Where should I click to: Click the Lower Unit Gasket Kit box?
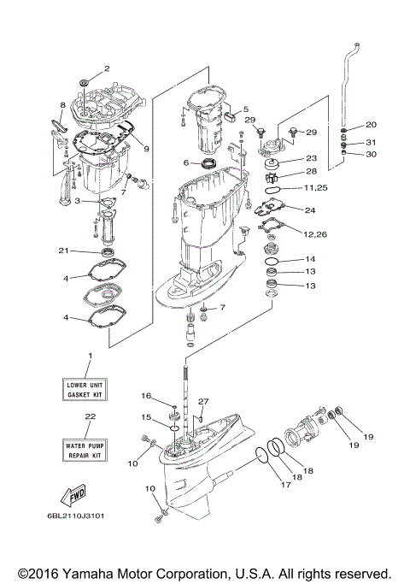pyautogui.click(x=88, y=391)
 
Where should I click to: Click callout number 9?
pyautogui.click(x=147, y=148)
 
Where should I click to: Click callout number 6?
pyautogui.click(x=185, y=162)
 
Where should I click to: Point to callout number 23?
pyautogui.click(x=311, y=158)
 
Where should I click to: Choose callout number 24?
pyautogui.click(x=309, y=210)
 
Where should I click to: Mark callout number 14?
pyautogui.click(x=310, y=259)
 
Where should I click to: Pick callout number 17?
pyautogui.click(x=285, y=486)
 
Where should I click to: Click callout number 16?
pyautogui.click(x=147, y=396)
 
